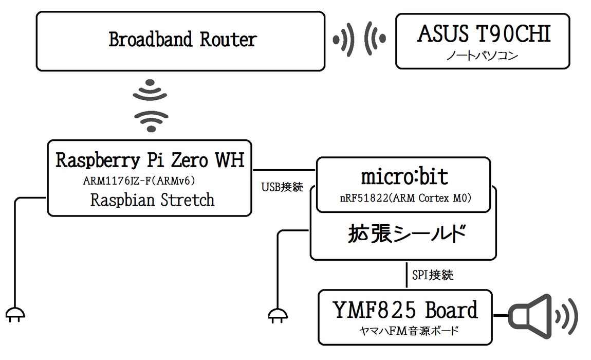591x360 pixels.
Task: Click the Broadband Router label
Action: (x=183, y=40)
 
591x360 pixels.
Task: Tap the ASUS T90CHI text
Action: (x=484, y=33)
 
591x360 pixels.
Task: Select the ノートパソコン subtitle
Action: (x=482, y=56)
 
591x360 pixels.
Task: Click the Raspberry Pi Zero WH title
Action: (x=150, y=160)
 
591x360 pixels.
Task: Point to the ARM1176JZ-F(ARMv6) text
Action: (x=139, y=181)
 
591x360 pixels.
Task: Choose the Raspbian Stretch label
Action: (x=152, y=200)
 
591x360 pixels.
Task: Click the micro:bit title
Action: (x=404, y=176)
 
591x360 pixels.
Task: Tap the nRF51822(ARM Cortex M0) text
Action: (x=405, y=197)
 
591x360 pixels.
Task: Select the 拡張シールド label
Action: (x=407, y=233)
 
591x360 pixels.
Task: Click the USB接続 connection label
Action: (x=282, y=187)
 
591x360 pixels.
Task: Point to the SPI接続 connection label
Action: (x=433, y=275)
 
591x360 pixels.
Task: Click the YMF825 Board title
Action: (x=405, y=310)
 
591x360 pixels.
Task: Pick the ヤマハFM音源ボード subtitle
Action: (x=409, y=331)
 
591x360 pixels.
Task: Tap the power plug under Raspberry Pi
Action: (x=15, y=314)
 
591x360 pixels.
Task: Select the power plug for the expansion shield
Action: (x=278, y=315)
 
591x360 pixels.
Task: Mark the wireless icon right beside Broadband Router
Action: (x=343, y=39)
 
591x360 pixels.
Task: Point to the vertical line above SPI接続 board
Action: (x=407, y=275)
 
